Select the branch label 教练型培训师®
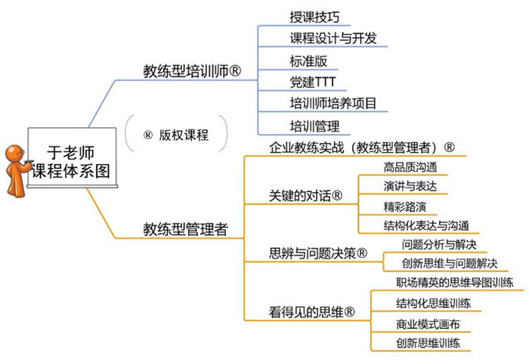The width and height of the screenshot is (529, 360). coord(192,71)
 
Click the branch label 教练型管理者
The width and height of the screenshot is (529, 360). coord(185,228)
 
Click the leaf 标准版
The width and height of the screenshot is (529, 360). coord(308,60)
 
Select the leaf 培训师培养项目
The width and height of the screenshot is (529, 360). coord(333,103)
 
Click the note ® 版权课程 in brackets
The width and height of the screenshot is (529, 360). coord(176,136)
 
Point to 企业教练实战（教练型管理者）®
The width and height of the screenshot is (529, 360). coord(362,147)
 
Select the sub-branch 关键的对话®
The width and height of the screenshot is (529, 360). coord(306,196)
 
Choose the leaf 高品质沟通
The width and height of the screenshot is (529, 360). coord(410,167)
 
